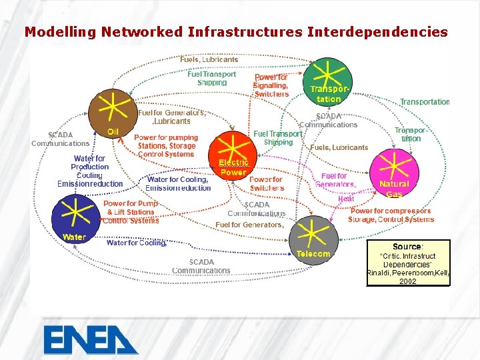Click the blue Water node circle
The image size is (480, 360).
coord(75,215)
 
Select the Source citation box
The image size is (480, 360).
coord(408,262)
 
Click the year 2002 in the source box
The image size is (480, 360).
coord(408,281)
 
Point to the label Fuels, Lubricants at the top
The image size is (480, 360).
coord(209,59)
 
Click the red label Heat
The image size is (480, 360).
coord(346,199)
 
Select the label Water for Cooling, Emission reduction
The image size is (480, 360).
coord(179,183)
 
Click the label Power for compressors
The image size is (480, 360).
coord(391,211)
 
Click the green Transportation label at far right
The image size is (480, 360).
coord(425,102)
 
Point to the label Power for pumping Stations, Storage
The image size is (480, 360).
coord(165,145)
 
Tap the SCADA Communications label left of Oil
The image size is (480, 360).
coord(60,139)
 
